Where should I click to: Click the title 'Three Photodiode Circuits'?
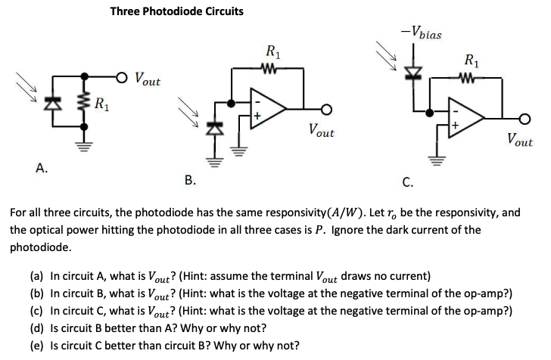[x=176, y=11]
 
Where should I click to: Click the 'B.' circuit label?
[x=190, y=179]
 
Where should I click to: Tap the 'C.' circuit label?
[x=407, y=182]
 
